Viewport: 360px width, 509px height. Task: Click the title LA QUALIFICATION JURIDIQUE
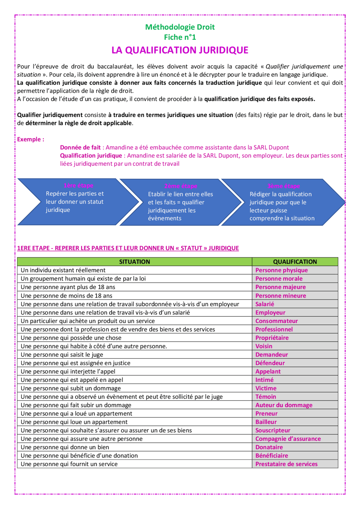(180, 50)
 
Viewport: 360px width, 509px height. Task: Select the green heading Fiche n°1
(180, 37)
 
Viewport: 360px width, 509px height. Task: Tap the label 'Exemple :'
(31, 139)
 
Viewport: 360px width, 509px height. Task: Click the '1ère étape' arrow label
(78, 185)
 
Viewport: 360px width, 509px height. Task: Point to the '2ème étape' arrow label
(181, 186)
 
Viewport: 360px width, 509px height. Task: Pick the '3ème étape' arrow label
(283, 186)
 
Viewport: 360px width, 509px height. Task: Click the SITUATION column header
(134, 262)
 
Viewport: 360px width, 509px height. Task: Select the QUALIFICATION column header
(295, 262)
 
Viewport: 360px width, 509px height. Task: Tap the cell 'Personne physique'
(282, 270)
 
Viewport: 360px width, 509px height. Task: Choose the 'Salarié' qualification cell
(265, 304)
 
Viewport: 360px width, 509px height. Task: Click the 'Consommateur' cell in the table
(276, 321)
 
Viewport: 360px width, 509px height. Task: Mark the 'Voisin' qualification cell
(264, 346)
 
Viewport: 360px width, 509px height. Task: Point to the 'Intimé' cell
(264, 380)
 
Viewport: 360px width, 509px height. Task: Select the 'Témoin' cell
(265, 397)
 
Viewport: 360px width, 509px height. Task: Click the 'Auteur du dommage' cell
(284, 405)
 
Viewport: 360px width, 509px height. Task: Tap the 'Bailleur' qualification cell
(266, 422)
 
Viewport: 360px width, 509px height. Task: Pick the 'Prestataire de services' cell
(286, 464)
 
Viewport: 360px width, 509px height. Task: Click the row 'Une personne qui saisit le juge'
(62, 355)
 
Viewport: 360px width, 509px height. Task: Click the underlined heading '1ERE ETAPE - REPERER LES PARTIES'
(128, 248)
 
